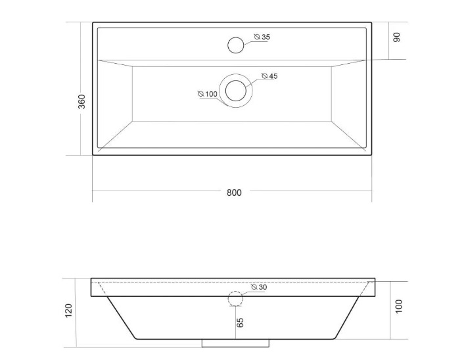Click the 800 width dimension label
tap(234, 192)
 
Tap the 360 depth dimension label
tap(81, 101)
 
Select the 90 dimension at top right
tap(396, 37)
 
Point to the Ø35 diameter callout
tap(262, 37)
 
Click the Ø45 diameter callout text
tap(269, 76)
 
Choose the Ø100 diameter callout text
tap(208, 94)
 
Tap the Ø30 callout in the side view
tap(259, 287)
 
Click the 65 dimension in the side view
tap(240, 323)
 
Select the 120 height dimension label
tap(68, 310)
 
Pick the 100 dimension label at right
tap(399, 306)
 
